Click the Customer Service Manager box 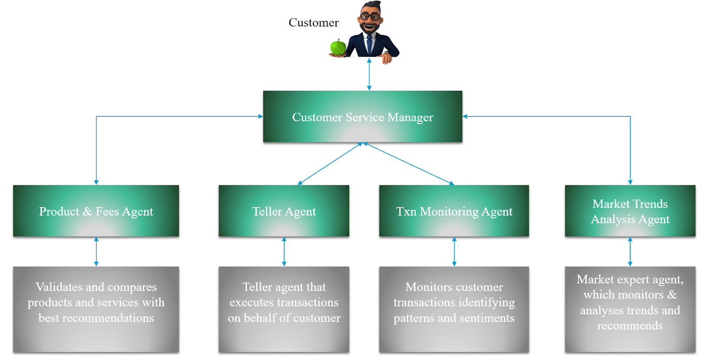pos(362,117)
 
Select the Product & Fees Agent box pos(96,211)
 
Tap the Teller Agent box pos(284,211)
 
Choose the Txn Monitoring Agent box pos(454,211)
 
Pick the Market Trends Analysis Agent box pos(630,211)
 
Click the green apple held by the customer pos(338,47)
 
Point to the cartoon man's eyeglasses pos(370,17)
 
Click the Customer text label pos(313,23)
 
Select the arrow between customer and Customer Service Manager pos(369,74)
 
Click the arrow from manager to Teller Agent pos(330,164)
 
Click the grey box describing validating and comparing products pos(96,309)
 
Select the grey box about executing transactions pos(284,309)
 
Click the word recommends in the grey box pos(630,326)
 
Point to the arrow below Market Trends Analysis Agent pos(630,252)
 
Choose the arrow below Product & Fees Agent pos(96,252)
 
